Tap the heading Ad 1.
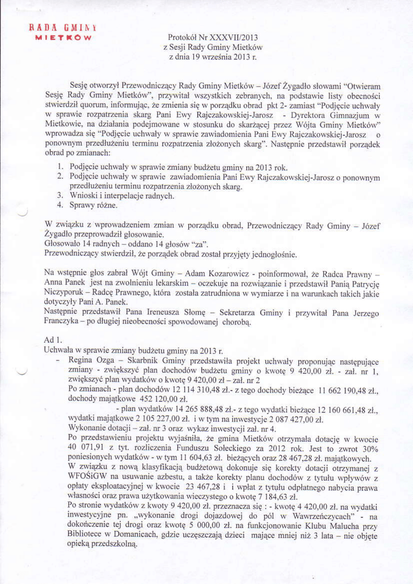coord(53,340)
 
